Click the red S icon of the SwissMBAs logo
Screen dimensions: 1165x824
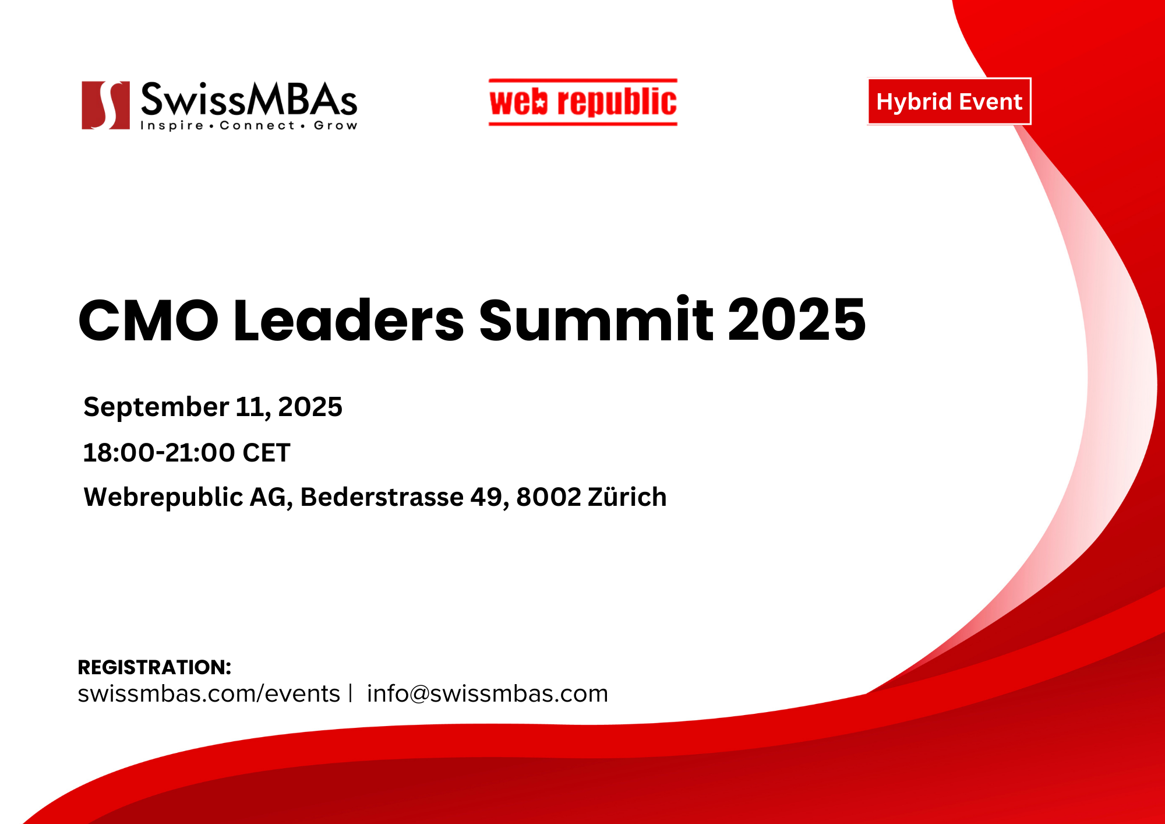105,105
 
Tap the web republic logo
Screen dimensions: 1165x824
583,102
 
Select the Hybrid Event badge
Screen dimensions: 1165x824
949,101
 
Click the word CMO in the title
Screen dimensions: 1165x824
149,321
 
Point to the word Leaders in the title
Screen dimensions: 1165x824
349,319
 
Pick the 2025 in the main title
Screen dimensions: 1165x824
797,319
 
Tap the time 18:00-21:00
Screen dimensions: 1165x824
159,453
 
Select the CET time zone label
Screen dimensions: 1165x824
266,453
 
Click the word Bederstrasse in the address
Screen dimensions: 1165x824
382,497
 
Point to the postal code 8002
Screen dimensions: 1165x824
549,497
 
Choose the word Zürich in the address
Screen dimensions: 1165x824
627,496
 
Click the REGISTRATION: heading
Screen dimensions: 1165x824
154,667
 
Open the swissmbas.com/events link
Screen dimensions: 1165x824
209,693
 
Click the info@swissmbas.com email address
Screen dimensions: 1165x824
488,693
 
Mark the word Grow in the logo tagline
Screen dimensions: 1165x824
336,125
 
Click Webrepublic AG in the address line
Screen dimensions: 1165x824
188,498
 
